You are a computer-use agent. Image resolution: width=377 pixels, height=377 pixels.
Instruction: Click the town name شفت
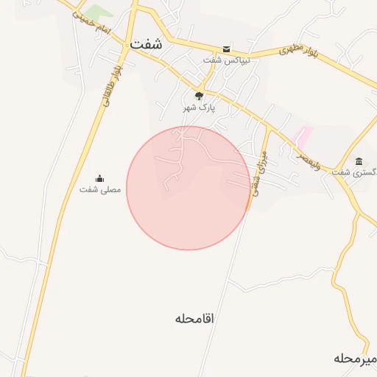tap(146, 44)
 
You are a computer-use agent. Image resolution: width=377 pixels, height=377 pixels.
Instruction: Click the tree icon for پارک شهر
tap(199, 96)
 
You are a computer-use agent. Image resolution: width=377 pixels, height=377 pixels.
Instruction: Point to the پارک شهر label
tap(199, 108)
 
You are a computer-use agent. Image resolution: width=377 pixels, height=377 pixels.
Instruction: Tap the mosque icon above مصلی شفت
tap(100, 178)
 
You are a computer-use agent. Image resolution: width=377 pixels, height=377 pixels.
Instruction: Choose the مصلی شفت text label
tap(100, 190)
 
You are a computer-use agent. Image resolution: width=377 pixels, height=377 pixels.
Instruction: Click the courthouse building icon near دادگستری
tap(359, 161)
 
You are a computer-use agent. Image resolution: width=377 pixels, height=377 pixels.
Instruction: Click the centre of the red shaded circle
tap(188, 188)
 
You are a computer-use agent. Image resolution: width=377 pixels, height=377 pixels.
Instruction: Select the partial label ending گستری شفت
tap(353, 172)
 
